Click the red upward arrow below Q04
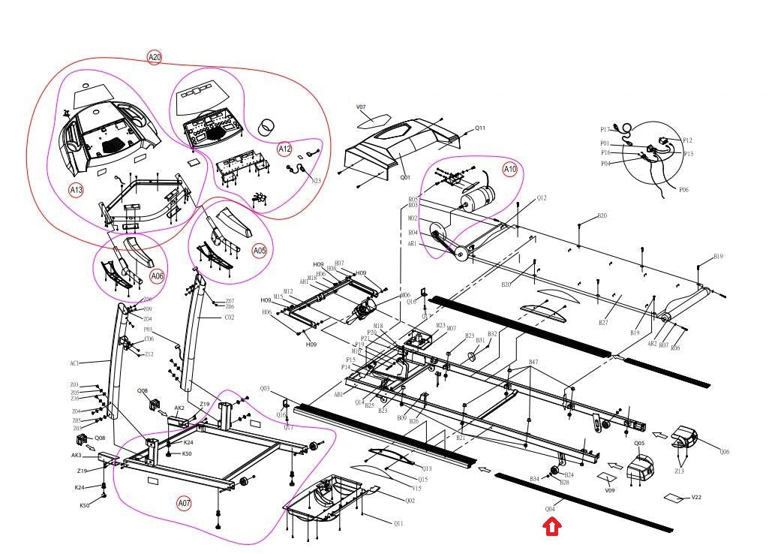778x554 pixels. tap(552, 528)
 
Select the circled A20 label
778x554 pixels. tap(154, 57)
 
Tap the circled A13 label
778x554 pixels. tap(77, 190)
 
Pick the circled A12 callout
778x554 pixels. tap(284, 149)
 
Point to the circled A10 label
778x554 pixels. tap(510, 169)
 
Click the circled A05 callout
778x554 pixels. tap(259, 250)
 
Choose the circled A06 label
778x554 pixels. tap(157, 275)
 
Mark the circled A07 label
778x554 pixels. tap(185, 502)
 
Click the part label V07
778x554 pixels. tap(361, 108)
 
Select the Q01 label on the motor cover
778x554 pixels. tap(405, 178)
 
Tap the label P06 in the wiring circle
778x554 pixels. tap(683, 190)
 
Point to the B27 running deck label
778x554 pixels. tap(602, 322)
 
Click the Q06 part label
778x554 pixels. tap(724, 452)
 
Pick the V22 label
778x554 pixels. tap(696, 497)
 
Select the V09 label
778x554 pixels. tap(610, 491)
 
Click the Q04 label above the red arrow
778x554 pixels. tap(550, 509)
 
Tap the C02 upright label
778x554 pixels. tap(230, 318)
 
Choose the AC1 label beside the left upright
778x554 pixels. tap(75, 363)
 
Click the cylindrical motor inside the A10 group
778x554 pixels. tap(478, 199)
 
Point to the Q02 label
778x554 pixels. tap(410, 501)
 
